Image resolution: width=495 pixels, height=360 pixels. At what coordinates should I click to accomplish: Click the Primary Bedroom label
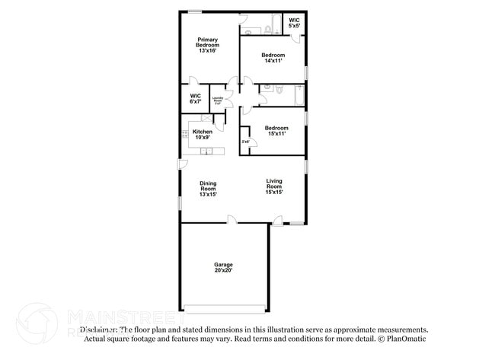[208, 43]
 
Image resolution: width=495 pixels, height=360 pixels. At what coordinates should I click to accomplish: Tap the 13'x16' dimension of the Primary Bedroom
[208, 51]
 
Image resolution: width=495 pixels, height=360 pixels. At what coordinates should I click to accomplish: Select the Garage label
[223, 264]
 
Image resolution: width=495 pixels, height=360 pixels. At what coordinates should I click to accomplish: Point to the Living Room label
[274, 183]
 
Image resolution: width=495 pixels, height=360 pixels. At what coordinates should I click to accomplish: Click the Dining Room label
[208, 186]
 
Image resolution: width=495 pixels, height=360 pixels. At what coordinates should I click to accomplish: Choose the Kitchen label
[202, 131]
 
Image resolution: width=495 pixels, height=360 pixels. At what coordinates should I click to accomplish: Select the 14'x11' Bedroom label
[273, 55]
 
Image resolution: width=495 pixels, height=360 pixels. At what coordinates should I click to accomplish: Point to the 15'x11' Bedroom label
[276, 128]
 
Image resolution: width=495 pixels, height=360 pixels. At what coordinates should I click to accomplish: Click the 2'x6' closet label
[245, 142]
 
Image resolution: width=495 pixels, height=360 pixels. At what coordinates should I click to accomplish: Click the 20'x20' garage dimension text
[223, 270]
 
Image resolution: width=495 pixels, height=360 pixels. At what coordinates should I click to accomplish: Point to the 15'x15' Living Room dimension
[274, 193]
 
